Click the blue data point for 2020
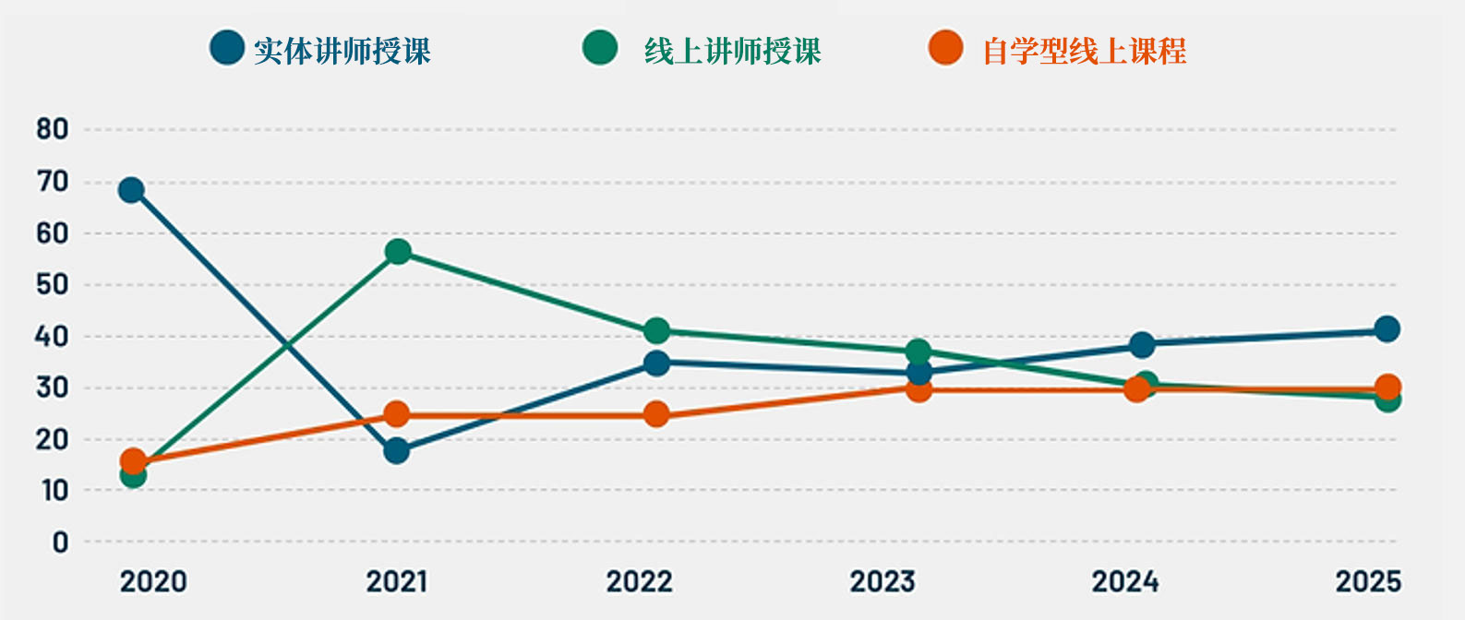[131, 190]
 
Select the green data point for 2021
[398, 252]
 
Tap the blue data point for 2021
[397, 451]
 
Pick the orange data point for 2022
[656, 414]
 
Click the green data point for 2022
[656, 330]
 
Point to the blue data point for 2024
[1142, 345]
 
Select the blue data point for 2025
[1387, 328]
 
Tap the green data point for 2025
[1387, 399]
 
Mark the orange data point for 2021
[397, 414]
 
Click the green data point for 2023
[919, 352]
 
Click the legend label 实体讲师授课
[342, 51]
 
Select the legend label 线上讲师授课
[733, 51]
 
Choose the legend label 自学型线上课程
[1085, 51]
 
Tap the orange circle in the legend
[946, 48]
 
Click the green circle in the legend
[600, 48]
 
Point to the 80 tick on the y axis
[53, 129]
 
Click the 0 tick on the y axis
[60, 542]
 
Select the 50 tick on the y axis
[53, 284]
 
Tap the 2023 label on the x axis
[883, 582]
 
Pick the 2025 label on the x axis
[1368, 582]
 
